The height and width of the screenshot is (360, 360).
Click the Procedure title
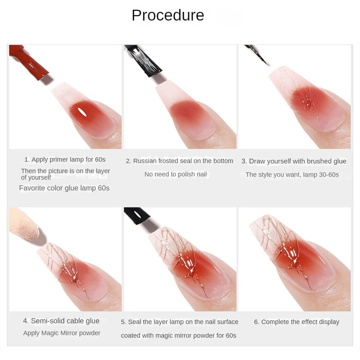click(168, 15)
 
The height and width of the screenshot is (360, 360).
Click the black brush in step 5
click(136, 215)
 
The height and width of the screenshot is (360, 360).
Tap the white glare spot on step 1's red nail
click(81, 112)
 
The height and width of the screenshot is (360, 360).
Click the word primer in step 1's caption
click(60, 159)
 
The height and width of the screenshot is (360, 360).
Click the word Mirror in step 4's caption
click(69, 333)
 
